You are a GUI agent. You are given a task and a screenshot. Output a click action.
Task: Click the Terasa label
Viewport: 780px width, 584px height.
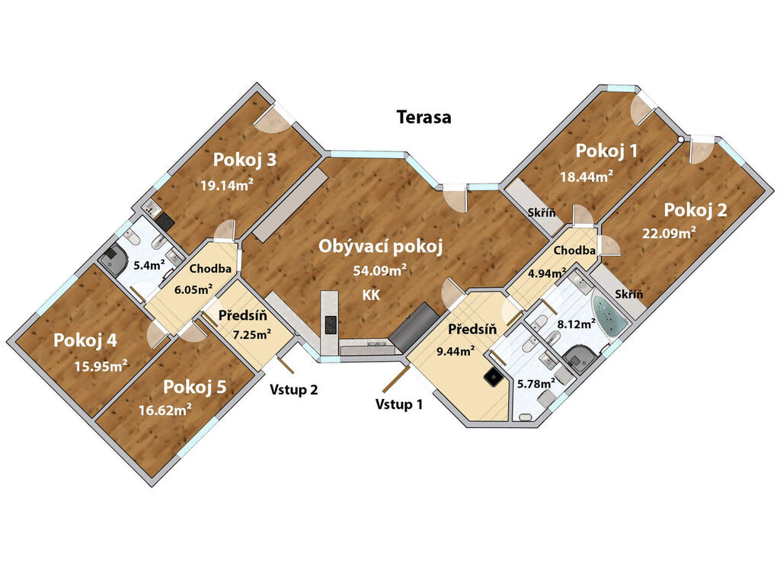[424, 117]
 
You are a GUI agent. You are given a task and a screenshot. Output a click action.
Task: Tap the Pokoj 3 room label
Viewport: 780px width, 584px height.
[245, 160]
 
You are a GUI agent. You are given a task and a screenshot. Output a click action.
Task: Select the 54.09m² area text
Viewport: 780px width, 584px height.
[380, 270]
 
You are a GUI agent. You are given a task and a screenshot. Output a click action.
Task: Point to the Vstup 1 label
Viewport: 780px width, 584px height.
[399, 404]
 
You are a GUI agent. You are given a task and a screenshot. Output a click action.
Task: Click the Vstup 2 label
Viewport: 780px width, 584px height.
[293, 389]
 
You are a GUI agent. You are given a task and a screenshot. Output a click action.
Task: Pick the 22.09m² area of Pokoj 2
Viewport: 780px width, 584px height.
[669, 232]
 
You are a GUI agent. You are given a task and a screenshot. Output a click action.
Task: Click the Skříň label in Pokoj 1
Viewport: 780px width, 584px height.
[542, 212]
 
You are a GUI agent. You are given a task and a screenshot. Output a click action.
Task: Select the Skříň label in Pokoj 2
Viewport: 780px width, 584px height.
[628, 293]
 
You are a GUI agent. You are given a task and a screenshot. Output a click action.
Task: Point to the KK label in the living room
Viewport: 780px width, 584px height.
[371, 295]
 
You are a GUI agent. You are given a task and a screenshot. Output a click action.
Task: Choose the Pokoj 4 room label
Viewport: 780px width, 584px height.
[85, 340]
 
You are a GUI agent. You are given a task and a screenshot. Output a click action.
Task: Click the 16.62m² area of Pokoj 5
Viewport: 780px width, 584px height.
[165, 410]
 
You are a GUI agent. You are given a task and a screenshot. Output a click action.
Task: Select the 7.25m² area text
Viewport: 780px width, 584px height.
[251, 334]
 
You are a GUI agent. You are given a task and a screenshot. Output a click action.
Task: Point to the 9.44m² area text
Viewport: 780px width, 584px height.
[456, 351]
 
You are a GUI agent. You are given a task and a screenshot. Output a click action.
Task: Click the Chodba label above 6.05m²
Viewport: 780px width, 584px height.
[210, 269]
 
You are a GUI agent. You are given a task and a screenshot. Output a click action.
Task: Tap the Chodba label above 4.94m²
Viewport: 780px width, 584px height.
[574, 251]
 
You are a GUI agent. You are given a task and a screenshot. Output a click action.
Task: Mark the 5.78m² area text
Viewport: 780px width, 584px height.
[536, 384]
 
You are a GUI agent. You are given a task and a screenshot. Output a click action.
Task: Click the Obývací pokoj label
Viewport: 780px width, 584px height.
[381, 246]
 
